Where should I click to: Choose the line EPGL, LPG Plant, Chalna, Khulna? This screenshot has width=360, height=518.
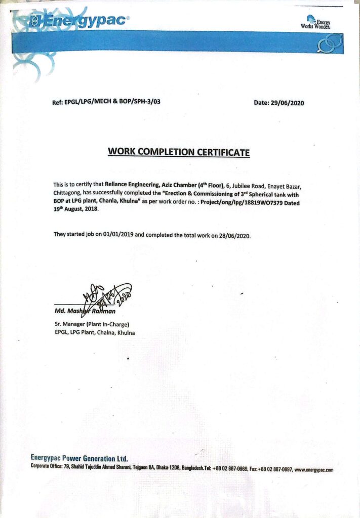(x=94, y=332)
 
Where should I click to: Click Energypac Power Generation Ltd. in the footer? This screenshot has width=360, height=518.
(x=79, y=458)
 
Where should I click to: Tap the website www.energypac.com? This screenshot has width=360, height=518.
(x=313, y=469)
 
